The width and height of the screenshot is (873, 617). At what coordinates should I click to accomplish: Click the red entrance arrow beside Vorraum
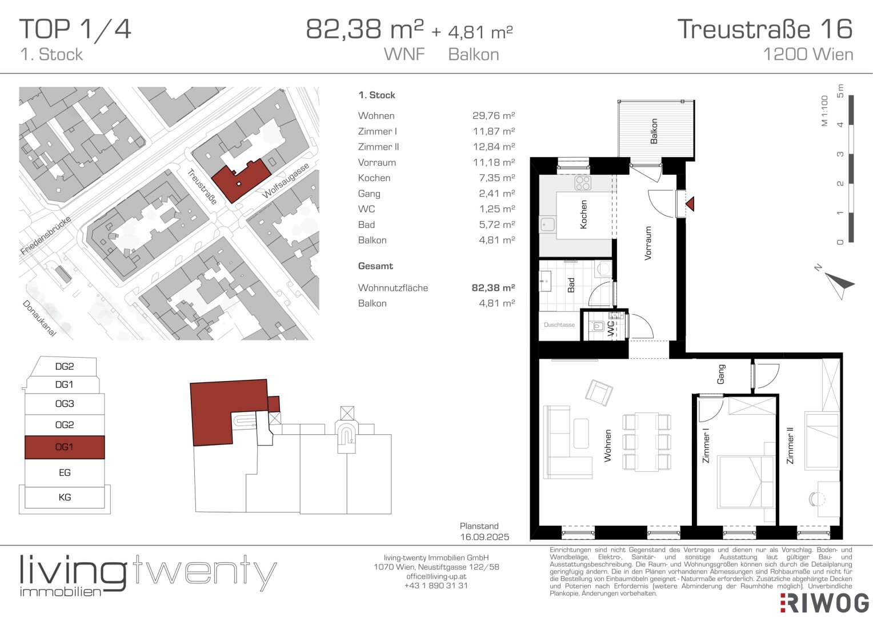[x=691, y=204]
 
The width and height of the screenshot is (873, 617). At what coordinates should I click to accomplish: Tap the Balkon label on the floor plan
[x=654, y=131]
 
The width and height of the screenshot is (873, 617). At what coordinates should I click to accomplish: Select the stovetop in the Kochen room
[x=583, y=183]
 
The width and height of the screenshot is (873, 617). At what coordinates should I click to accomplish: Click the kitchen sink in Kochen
[x=547, y=224]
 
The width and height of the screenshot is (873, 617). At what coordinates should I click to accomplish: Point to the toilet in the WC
[x=598, y=326]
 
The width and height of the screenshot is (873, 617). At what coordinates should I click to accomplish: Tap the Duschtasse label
[x=559, y=324]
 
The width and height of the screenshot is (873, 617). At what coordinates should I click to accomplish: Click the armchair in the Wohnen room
[x=599, y=393]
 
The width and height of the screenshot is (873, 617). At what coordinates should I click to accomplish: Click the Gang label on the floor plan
[x=721, y=374]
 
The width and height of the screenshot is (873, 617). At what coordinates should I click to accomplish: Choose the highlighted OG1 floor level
[x=65, y=447]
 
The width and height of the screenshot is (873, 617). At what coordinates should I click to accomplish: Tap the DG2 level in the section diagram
[x=65, y=366]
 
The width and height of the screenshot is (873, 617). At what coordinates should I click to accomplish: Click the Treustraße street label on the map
[x=202, y=186]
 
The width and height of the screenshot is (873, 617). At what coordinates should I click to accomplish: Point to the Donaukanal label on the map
[x=39, y=318]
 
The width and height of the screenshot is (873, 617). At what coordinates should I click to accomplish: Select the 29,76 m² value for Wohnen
[x=494, y=115]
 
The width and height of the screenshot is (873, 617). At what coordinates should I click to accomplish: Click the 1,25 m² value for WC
[x=497, y=209]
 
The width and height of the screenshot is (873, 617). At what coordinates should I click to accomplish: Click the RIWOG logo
[x=824, y=603]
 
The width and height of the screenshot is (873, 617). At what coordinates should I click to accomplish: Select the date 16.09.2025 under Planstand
[x=484, y=536]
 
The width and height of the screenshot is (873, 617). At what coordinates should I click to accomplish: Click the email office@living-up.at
[x=436, y=576]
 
